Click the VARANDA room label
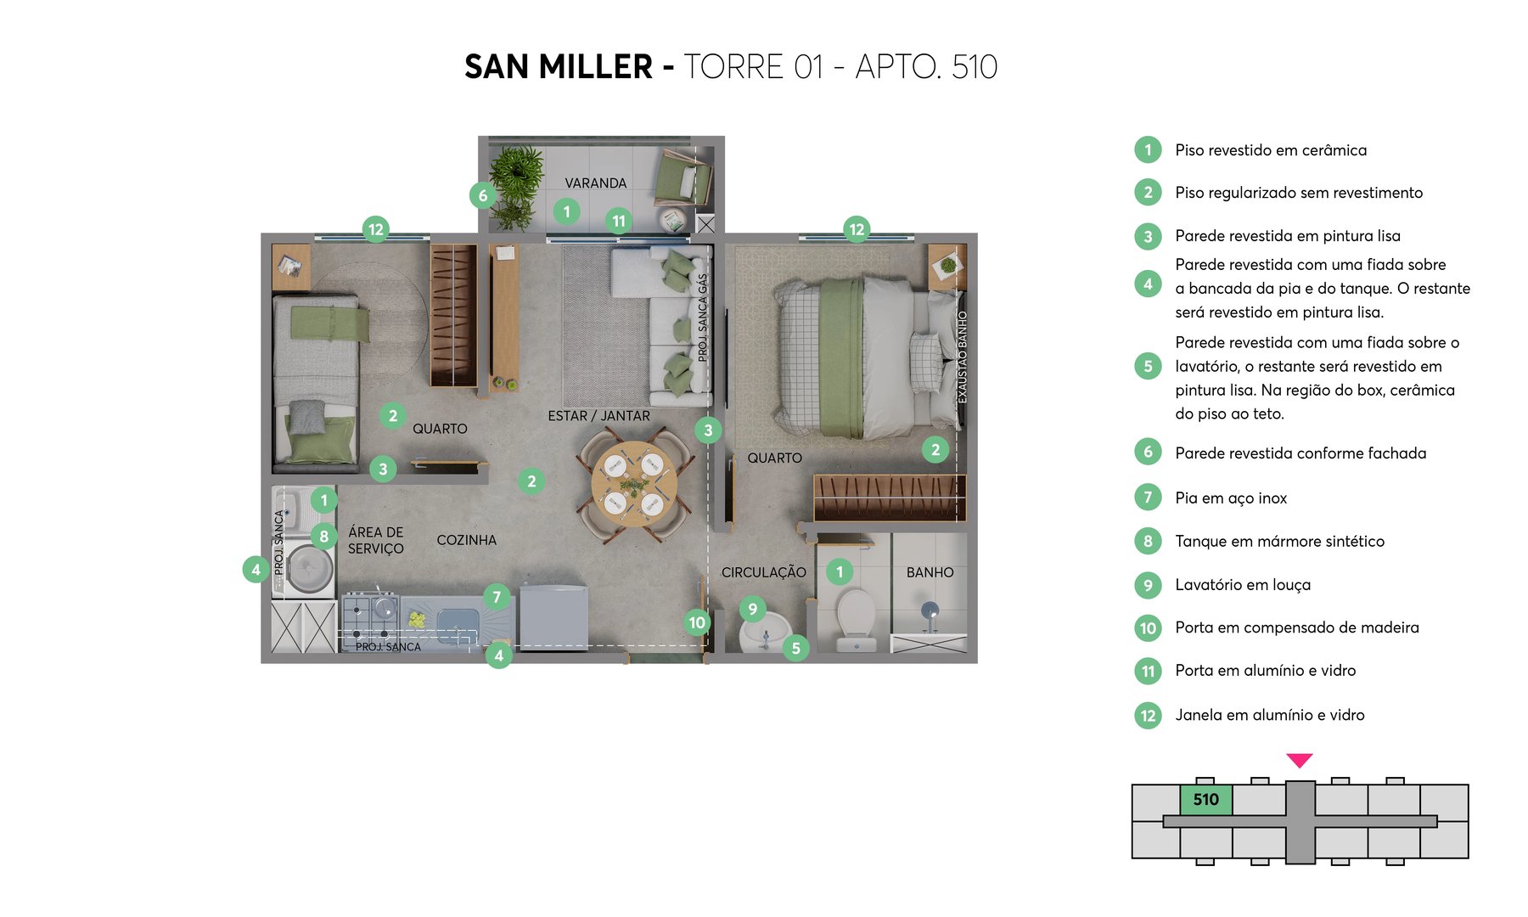click(595, 183)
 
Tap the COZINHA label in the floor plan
click(466, 540)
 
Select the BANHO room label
click(930, 572)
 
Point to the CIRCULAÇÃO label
click(763, 572)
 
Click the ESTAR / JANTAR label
click(598, 416)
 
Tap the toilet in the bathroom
click(856, 618)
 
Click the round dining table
click(634, 485)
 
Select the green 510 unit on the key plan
click(1205, 800)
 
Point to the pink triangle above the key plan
click(1299, 760)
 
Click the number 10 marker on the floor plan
click(697, 622)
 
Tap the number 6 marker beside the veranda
click(483, 195)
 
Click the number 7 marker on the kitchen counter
click(497, 597)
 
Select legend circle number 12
click(1148, 715)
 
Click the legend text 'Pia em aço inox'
click(1230, 498)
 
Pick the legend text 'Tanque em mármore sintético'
click(1279, 542)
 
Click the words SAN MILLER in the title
click(558, 67)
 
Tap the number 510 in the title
click(975, 67)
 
